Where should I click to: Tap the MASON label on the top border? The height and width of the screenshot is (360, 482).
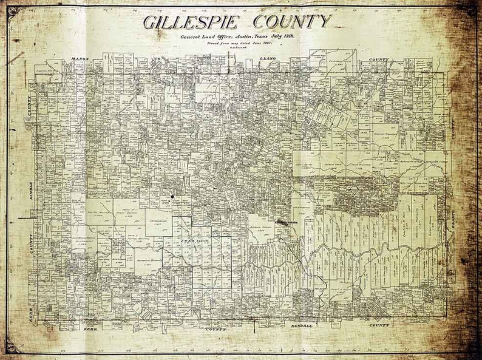[80, 59]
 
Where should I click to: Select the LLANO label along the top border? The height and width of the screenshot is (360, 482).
[267, 59]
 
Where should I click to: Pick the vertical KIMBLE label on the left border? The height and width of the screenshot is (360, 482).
[30, 194]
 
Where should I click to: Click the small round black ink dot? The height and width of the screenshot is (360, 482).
[172, 197]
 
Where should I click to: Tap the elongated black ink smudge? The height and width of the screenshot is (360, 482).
[283, 223]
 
